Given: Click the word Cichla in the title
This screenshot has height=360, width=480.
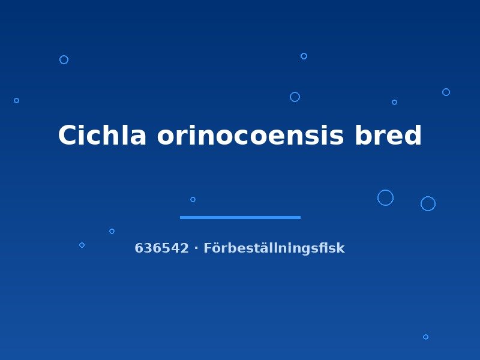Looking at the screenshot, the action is click(x=102, y=135).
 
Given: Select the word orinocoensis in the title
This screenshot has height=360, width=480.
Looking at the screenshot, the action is click(x=250, y=136).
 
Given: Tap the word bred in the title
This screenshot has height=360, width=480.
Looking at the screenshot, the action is click(x=388, y=135).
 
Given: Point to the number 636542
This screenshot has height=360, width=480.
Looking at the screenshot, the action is click(x=161, y=248).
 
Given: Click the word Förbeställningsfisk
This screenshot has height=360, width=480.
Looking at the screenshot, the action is click(x=274, y=248).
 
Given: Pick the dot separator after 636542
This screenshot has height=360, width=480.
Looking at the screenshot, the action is click(x=196, y=248).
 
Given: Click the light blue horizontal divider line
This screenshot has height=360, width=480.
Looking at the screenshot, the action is click(x=241, y=217).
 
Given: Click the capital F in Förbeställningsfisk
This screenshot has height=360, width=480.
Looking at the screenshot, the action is click(x=207, y=248).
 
